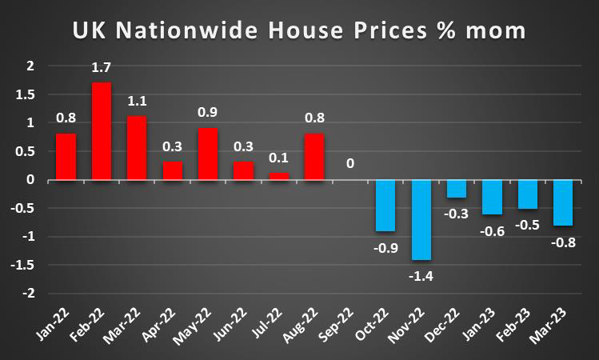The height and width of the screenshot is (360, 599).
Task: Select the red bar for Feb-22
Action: coord(102,131)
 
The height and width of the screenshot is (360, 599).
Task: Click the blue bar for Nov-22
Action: coord(421,220)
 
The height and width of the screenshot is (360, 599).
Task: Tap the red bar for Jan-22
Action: coord(66,157)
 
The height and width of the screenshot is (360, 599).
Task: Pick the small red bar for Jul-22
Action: coord(279,176)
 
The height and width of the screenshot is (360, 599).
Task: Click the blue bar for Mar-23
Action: coord(563,202)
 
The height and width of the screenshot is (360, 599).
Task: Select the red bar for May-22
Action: coord(208,154)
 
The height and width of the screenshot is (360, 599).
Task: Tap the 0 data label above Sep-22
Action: coord(350,164)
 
